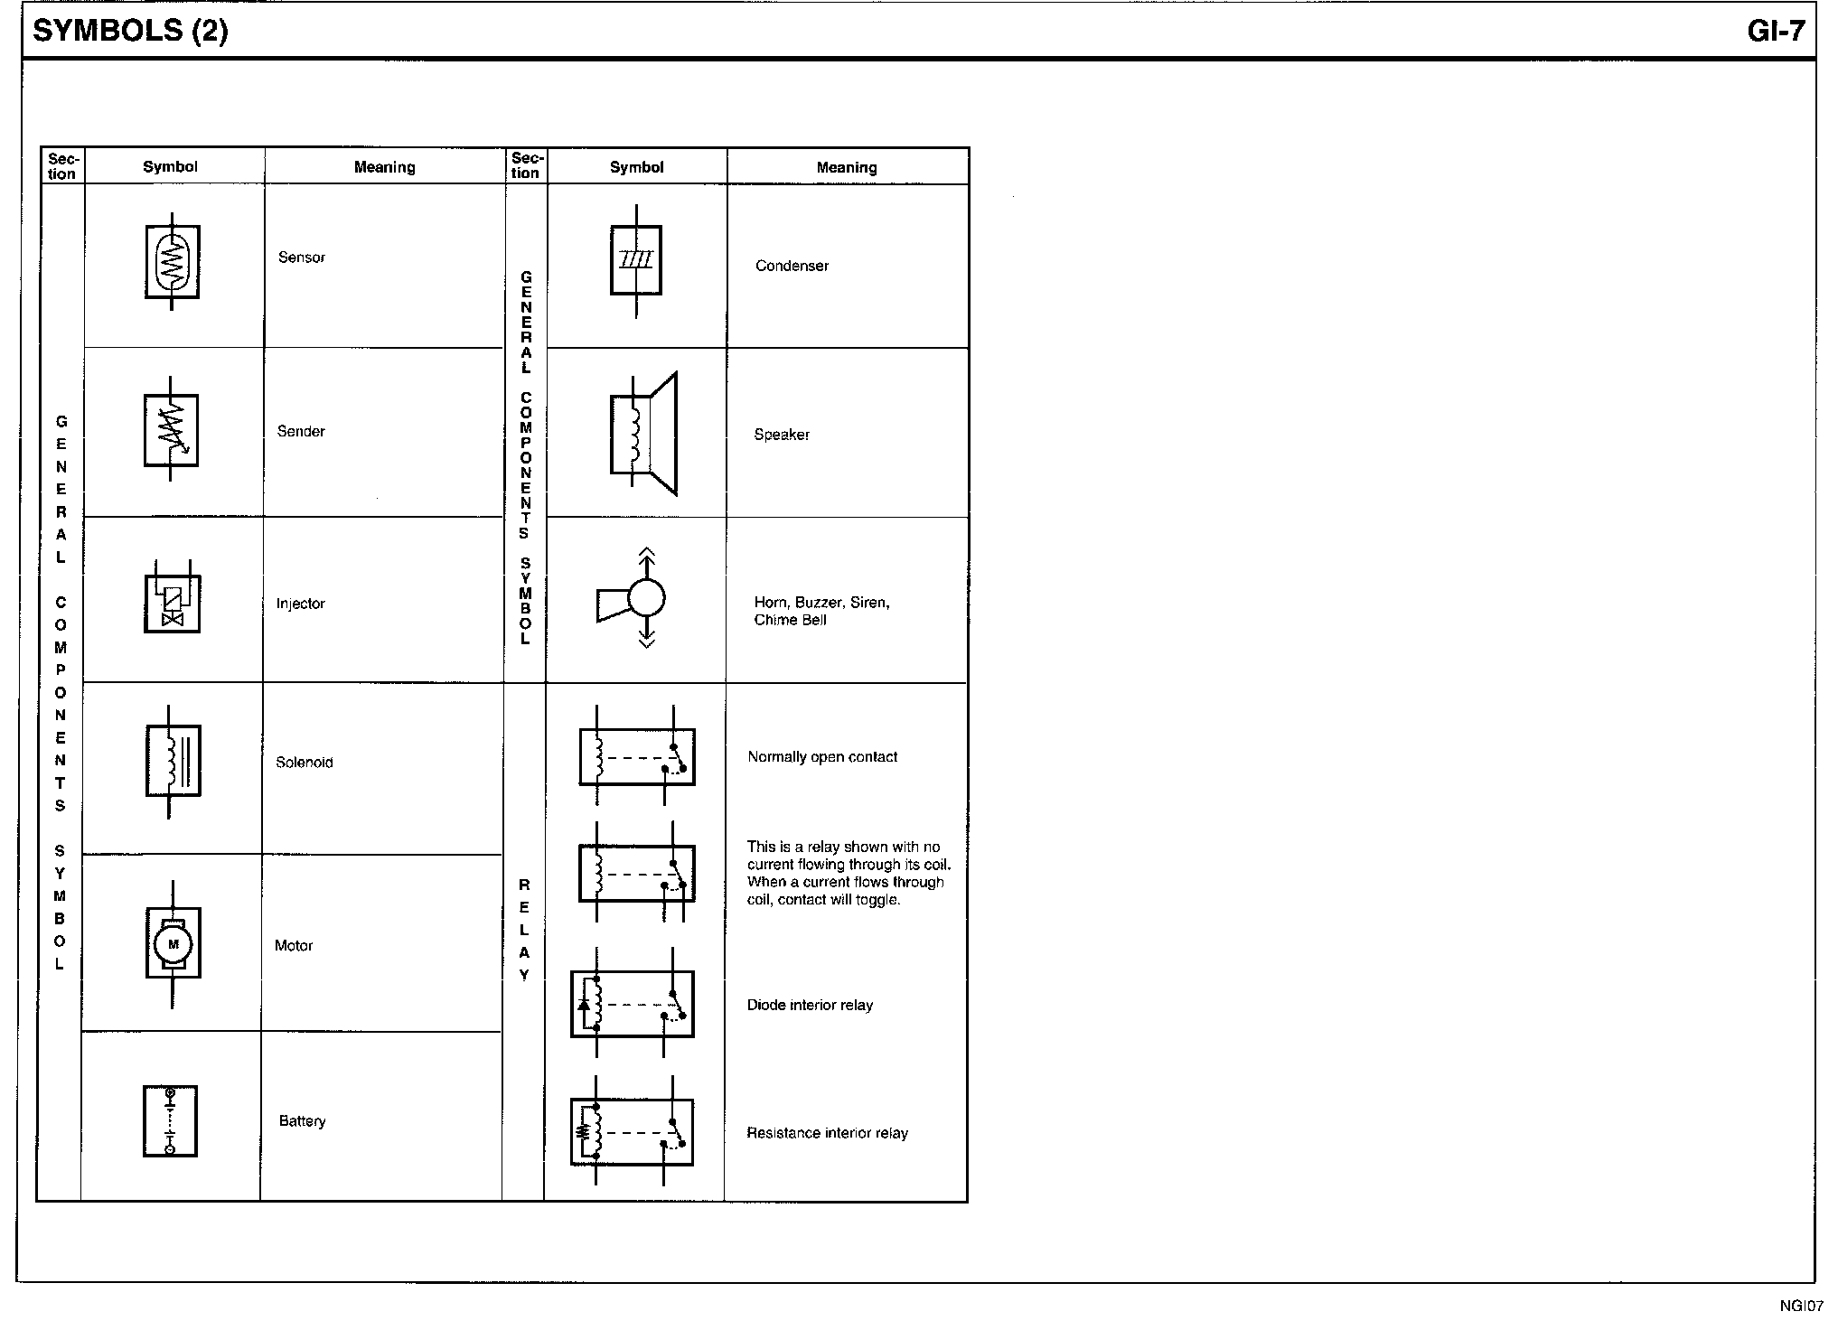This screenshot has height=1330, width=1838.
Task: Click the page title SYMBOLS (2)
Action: pyautogui.click(x=130, y=31)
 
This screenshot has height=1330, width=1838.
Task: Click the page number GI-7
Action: pyautogui.click(x=1776, y=31)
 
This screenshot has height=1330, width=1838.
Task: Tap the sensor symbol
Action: pyautogui.click(x=172, y=262)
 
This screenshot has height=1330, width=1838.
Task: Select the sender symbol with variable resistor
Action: pyautogui.click(x=171, y=430)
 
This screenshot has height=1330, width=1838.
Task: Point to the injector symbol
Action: pyautogui.click(x=172, y=598)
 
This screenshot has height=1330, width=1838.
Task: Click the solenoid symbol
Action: pyautogui.click(x=173, y=761)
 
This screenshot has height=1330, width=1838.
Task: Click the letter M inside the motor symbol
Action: pyautogui.click(x=173, y=944)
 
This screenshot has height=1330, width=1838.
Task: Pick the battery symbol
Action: pyautogui.click(x=170, y=1121)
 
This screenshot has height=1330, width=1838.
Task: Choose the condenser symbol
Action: pyautogui.click(x=636, y=261)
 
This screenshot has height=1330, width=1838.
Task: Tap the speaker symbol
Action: pyautogui.click(x=643, y=434)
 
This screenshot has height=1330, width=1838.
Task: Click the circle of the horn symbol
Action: pyautogui.click(x=646, y=597)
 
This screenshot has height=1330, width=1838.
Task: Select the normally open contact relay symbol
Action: pyautogui.click(x=637, y=756)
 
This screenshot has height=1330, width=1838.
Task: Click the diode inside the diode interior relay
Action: pyautogui.click(x=584, y=1004)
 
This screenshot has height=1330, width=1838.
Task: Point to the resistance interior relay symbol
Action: pyautogui.click(x=632, y=1131)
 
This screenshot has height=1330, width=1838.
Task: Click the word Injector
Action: pyautogui.click(x=300, y=604)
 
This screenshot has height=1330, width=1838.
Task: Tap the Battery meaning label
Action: pyautogui.click(x=302, y=1121)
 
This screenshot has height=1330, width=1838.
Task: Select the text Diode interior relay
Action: pyautogui.click(x=810, y=1005)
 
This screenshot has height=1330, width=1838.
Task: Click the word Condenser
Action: pyautogui.click(x=792, y=266)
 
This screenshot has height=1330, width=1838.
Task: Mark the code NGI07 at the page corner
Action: pyautogui.click(x=1802, y=1306)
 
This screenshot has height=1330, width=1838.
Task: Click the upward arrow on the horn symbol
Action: pyautogui.click(x=647, y=563)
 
